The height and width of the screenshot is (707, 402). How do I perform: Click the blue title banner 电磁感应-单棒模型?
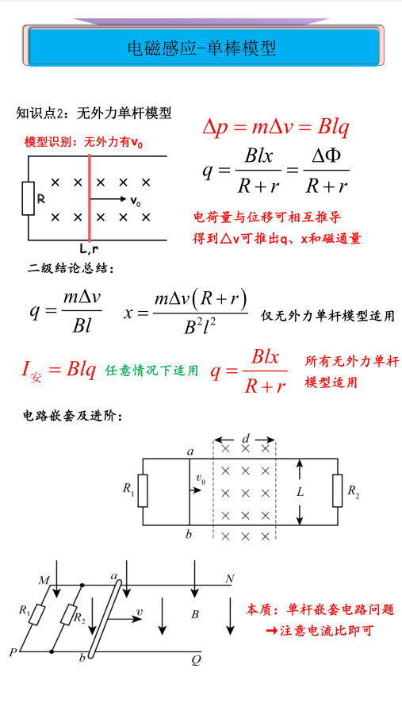pyautogui.click(x=203, y=48)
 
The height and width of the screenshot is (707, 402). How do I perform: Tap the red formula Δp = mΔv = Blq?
pyautogui.click(x=276, y=128)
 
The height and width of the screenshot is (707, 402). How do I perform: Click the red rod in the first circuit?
pyautogui.click(x=90, y=198)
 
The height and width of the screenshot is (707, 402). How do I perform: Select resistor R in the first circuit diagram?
pyautogui.click(x=29, y=198)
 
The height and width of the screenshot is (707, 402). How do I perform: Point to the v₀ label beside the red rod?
pyautogui.click(x=136, y=202)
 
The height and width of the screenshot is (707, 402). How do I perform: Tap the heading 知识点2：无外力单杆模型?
pyautogui.click(x=94, y=113)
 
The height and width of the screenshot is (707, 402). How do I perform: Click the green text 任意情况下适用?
pyautogui.click(x=151, y=371)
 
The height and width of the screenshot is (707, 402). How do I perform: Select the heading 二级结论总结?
pyautogui.click(x=71, y=268)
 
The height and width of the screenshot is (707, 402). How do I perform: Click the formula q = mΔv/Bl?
pyautogui.click(x=65, y=311)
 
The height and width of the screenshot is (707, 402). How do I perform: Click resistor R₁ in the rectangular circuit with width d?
pyautogui.click(x=143, y=490)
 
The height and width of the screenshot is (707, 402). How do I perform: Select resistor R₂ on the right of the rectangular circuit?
pyautogui.click(x=338, y=490)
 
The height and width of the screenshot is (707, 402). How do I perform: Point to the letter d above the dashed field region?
pyautogui.click(x=245, y=439)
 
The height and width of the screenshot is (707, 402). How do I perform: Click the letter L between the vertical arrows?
pyautogui.click(x=301, y=493)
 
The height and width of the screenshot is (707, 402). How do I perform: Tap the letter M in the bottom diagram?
pyautogui.click(x=44, y=580)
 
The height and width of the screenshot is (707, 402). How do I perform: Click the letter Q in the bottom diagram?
pyautogui.click(x=196, y=660)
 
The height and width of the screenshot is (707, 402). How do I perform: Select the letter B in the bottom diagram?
pyautogui.click(x=195, y=614)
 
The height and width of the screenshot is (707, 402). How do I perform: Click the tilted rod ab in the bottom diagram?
pyautogui.click(x=105, y=619)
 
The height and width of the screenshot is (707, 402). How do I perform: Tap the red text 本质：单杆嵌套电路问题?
pyautogui.click(x=320, y=610)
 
